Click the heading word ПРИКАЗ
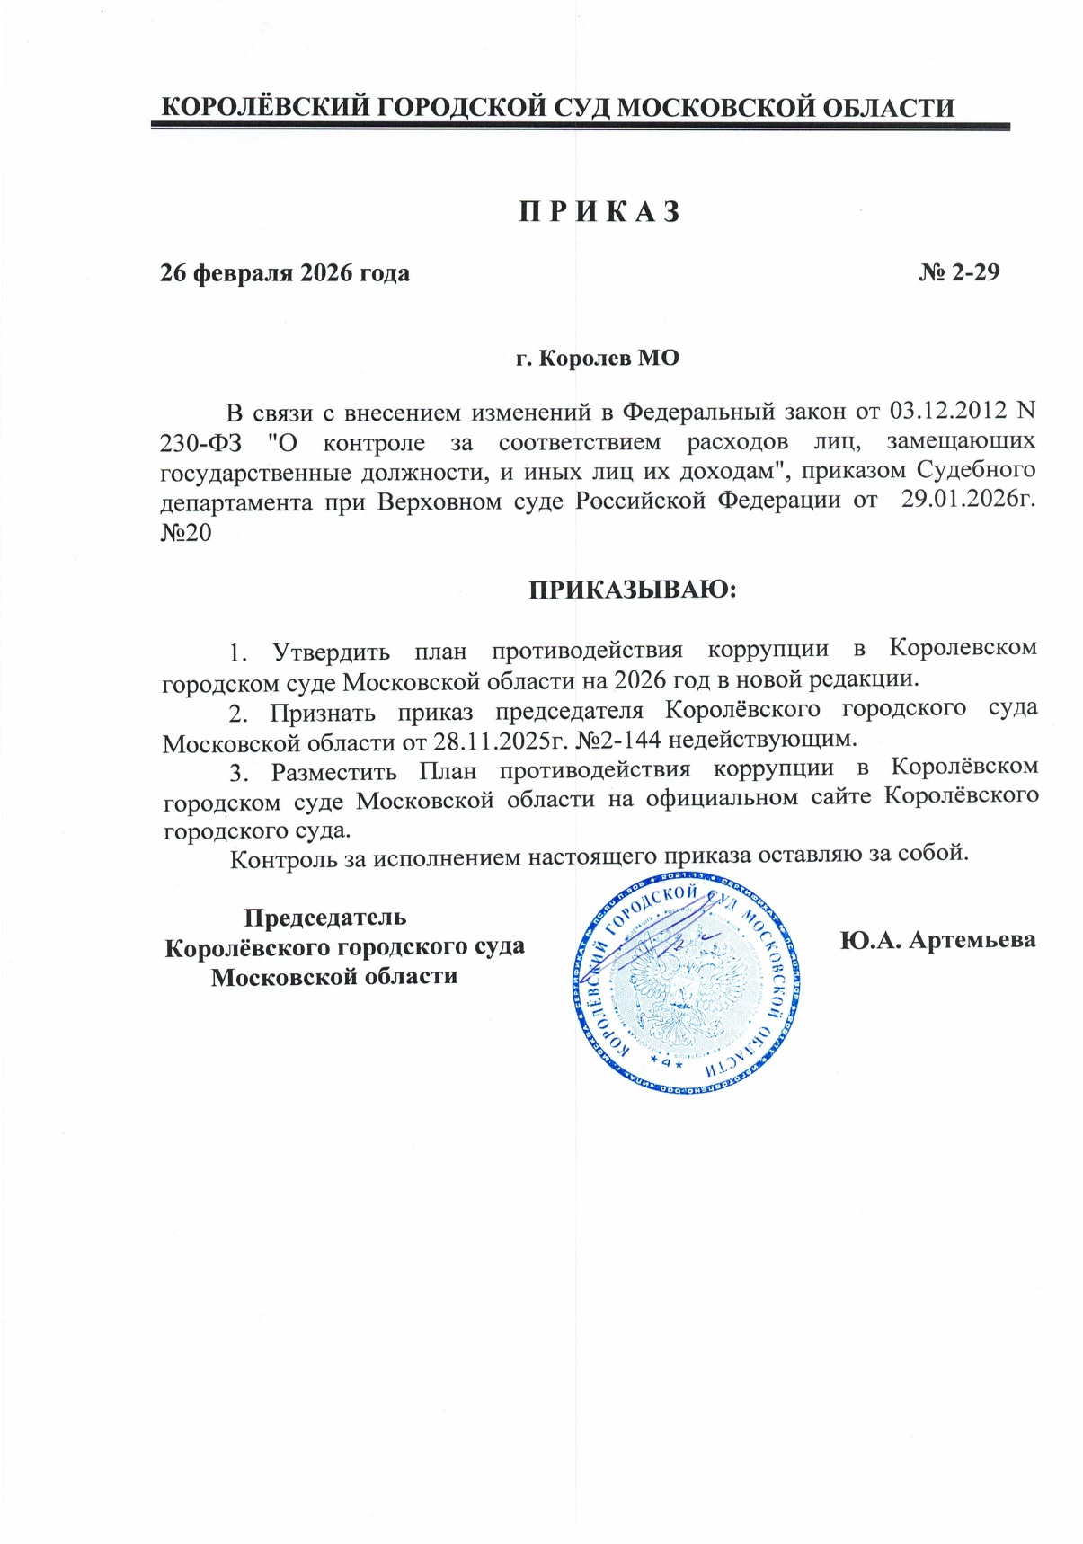click(x=599, y=212)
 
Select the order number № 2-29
click(x=959, y=272)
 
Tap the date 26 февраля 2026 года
click(x=285, y=272)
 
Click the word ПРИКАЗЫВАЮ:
click(x=632, y=590)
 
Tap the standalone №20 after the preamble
click(x=186, y=532)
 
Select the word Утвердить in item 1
click(x=331, y=650)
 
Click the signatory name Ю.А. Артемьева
click(x=938, y=940)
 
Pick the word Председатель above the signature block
click(x=325, y=918)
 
